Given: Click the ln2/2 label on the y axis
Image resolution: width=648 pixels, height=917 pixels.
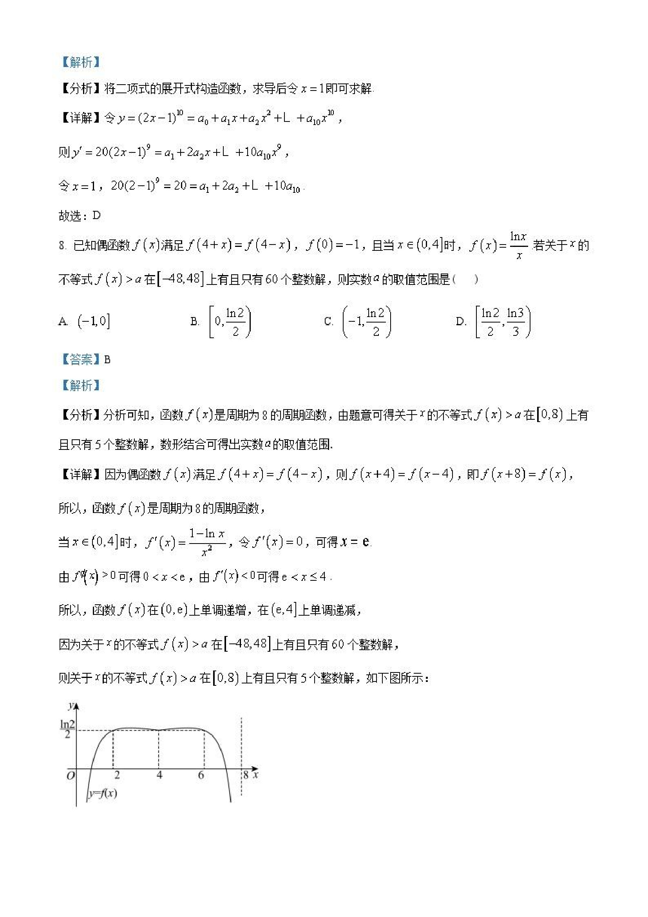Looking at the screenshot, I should pyautogui.click(x=67, y=729).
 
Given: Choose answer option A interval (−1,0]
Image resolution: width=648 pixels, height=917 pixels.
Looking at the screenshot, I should pyautogui.click(x=93, y=321).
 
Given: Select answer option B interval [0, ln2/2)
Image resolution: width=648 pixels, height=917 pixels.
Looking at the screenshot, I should pyautogui.click(x=230, y=322).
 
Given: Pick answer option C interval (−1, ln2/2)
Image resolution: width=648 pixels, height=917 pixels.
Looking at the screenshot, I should pyautogui.click(x=367, y=322).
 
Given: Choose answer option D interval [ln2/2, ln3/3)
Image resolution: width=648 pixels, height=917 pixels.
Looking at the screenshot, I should pyautogui.click(x=503, y=322).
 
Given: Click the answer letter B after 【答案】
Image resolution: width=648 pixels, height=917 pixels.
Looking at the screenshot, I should pyautogui.click(x=107, y=359).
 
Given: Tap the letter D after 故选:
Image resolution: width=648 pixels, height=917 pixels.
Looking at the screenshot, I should pyautogui.click(x=96, y=216).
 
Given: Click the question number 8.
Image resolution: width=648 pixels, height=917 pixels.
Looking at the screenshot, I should pyautogui.click(x=62, y=245).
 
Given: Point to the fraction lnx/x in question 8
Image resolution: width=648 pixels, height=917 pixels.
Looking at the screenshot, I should pyautogui.click(x=519, y=245).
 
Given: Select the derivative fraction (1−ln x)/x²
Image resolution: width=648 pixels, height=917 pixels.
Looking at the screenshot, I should pyautogui.click(x=207, y=542).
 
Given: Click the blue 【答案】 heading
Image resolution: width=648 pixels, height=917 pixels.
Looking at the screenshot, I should pyautogui.click(x=80, y=359).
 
